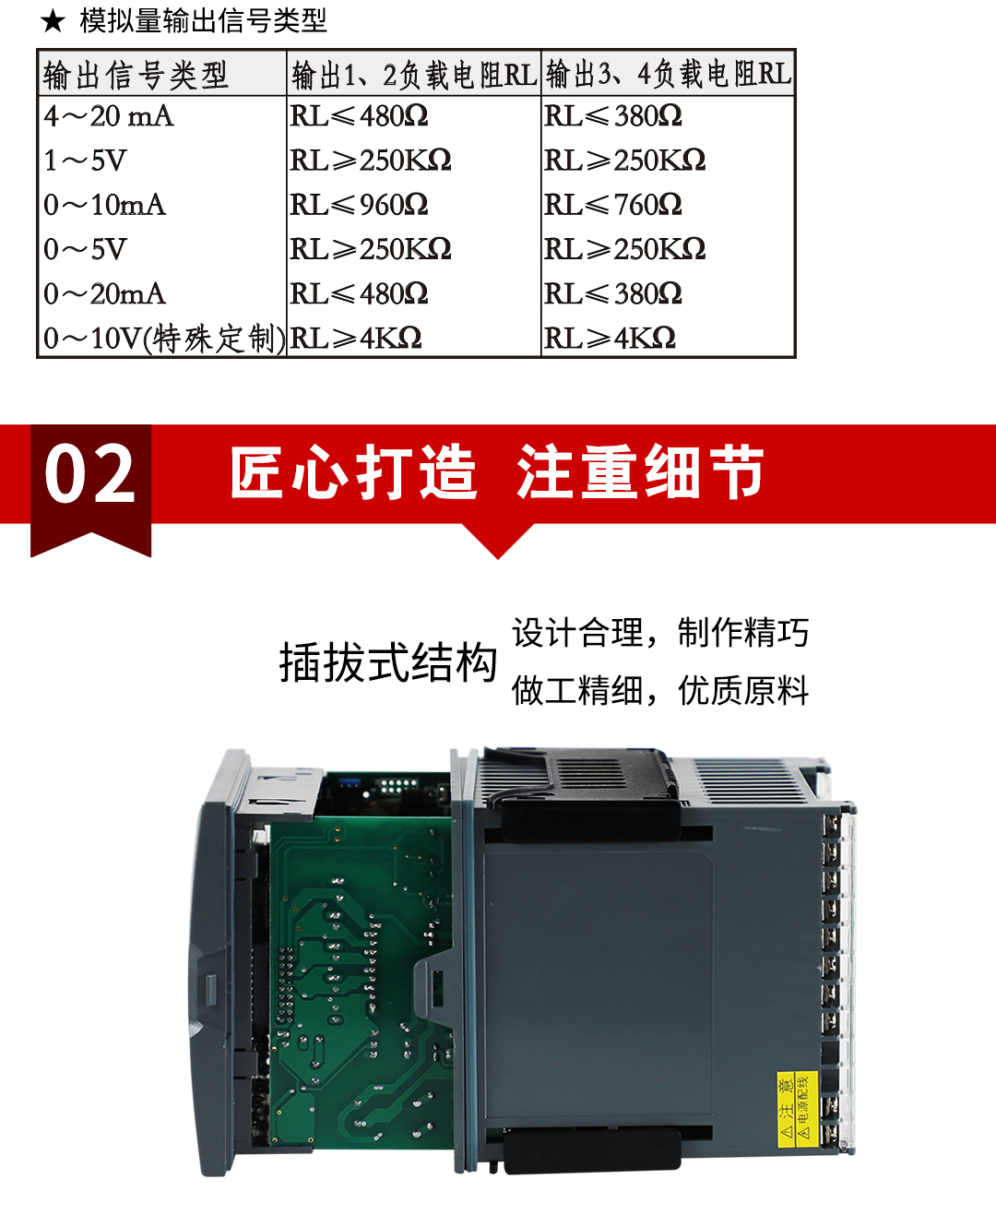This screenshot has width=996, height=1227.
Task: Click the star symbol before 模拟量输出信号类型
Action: click(x=53, y=20)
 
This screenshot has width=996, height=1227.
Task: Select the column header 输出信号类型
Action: click(x=136, y=75)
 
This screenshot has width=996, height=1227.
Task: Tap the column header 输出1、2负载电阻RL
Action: click(x=413, y=75)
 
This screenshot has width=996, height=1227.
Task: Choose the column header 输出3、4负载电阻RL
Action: click(x=669, y=74)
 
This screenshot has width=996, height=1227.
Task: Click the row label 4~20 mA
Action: click(x=109, y=116)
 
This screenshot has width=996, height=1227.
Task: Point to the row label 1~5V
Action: click(x=86, y=161)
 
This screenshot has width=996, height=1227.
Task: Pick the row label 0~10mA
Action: click(x=105, y=205)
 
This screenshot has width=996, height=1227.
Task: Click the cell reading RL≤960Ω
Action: click(x=359, y=205)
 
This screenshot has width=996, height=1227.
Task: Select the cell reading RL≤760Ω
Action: click(x=613, y=205)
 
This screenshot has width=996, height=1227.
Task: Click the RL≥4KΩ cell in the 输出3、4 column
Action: click(x=610, y=339)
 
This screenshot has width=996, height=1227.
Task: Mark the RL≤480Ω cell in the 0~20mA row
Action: click(x=359, y=294)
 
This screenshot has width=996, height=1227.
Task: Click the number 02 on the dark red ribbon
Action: click(x=90, y=474)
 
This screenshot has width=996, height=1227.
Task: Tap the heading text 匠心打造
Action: click(x=354, y=472)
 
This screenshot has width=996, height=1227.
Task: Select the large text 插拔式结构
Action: click(x=388, y=662)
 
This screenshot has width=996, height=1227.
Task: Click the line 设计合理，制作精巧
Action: click(x=660, y=633)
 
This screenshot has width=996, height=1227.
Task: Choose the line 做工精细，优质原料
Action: click(x=660, y=690)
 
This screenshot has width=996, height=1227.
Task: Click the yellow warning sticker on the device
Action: click(x=797, y=1110)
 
